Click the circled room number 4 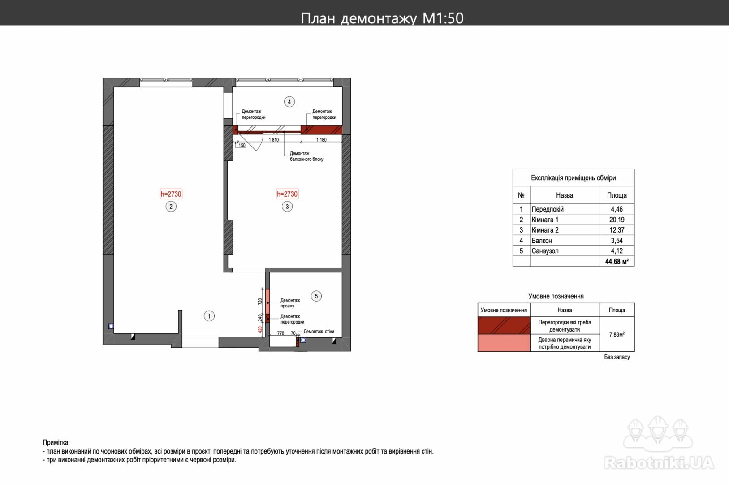(289, 102)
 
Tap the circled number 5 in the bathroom (316, 296)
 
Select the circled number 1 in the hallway (209, 316)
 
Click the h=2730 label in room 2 (171, 194)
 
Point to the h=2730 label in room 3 (287, 194)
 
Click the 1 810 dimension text (274, 140)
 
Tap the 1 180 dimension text (321, 140)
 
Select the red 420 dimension (260, 329)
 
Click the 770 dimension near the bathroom (280, 333)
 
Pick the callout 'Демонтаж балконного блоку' (306, 156)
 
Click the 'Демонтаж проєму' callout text (290, 303)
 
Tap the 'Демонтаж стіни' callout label (319, 331)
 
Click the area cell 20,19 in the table (617, 220)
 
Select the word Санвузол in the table (545, 251)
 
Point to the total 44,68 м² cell (617, 261)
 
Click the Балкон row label (542, 241)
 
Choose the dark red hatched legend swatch (504, 325)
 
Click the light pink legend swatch (504, 343)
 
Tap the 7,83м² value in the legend (617, 334)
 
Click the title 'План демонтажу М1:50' (382, 18)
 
